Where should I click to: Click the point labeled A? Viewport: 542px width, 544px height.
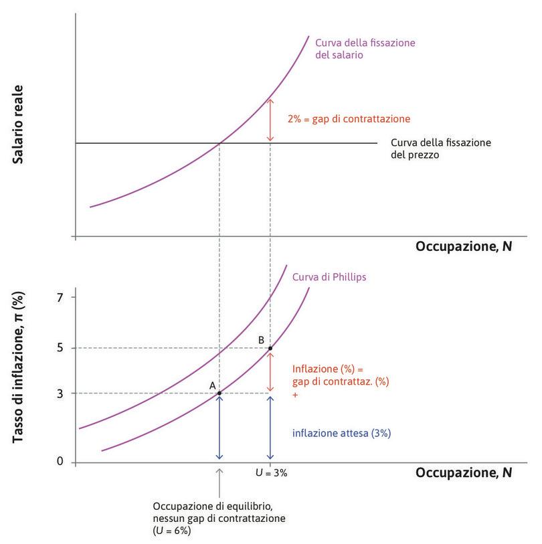pyautogui.click(x=219, y=393)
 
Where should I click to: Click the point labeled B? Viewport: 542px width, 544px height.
pyautogui.click(x=270, y=348)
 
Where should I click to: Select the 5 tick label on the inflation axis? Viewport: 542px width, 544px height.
pyautogui.click(x=60, y=348)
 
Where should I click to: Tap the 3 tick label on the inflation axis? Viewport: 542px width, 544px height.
pyautogui.click(x=60, y=393)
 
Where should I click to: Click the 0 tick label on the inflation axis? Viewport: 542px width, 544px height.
pyautogui.click(x=60, y=462)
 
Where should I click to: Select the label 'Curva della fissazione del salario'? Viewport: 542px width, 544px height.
pyautogui.click(x=365, y=49)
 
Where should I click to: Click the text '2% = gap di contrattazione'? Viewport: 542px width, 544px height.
pyautogui.click(x=348, y=119)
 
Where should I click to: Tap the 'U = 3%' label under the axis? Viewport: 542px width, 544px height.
pyautogui.click(x=270, y=472)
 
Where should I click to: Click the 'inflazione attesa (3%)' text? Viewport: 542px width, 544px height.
pyautogui.click(x=341, y=433)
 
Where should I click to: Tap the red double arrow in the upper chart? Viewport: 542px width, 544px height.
pyautogui.click(x=270, y=120)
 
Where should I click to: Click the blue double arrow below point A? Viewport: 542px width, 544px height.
pyautogui.click(x=219, y=427)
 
